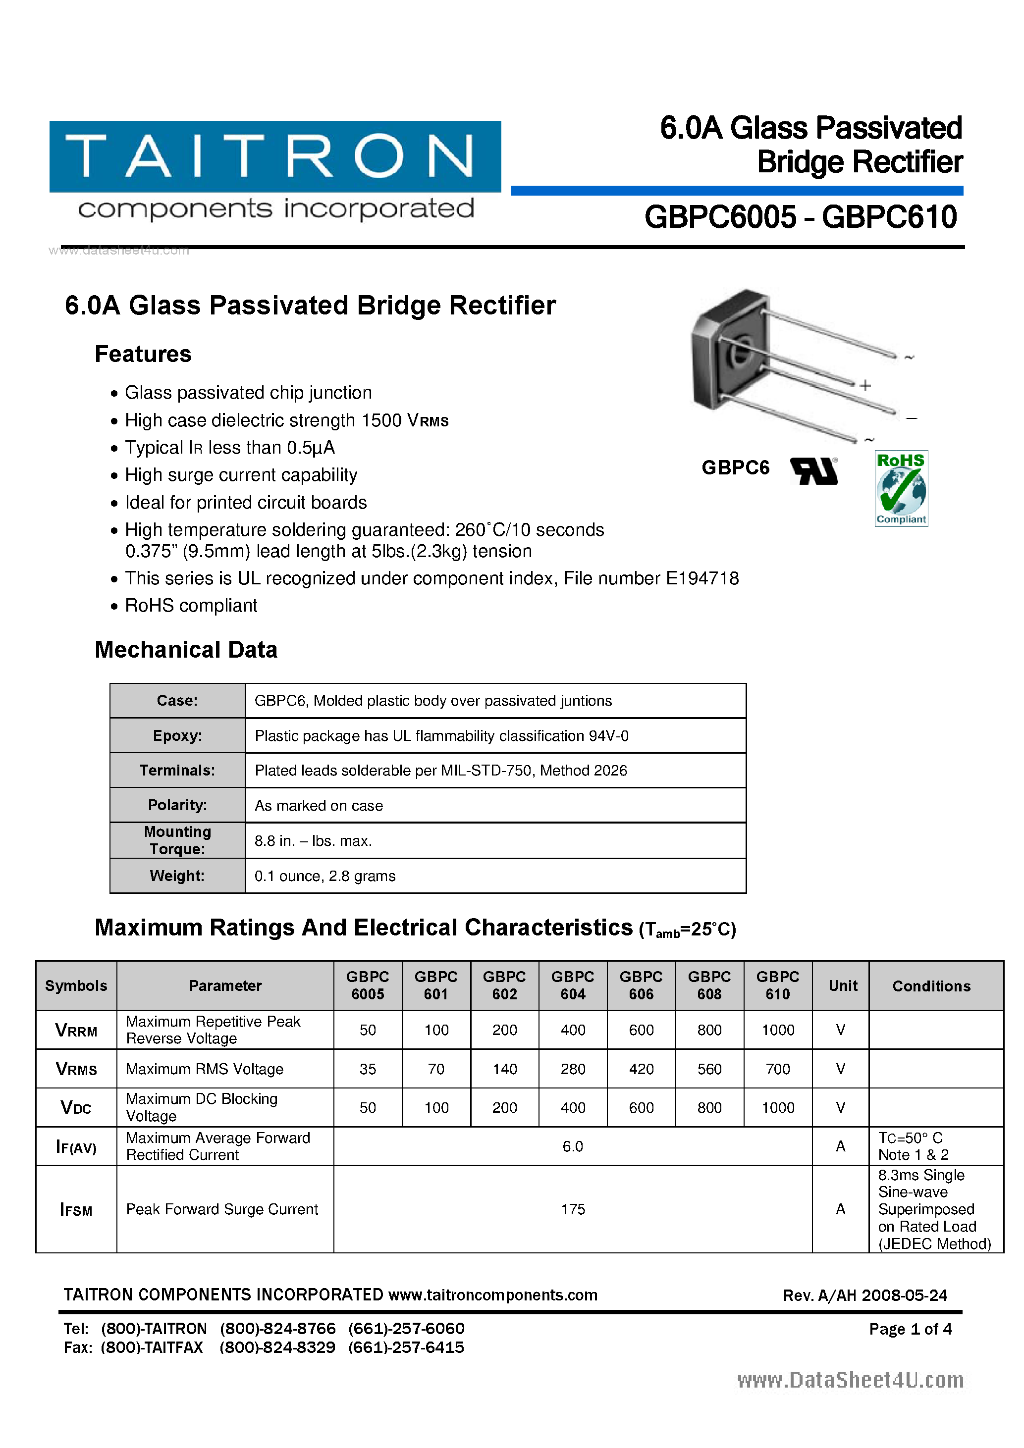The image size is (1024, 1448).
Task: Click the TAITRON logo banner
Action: [x=275, y=156]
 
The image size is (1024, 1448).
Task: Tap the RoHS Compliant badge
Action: [x=901, y=488]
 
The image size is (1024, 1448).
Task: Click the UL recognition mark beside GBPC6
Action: [x=814, y=470]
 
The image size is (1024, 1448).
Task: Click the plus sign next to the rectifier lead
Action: [x=865, y=385]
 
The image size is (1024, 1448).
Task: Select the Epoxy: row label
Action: [x=177, y=735]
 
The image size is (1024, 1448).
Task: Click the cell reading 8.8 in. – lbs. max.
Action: [x=313, y=841]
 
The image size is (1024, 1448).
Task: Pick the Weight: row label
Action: [x=177, y=876]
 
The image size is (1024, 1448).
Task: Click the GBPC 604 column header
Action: [x=572, y=985]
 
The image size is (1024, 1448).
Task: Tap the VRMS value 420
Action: [x=641, y=1069]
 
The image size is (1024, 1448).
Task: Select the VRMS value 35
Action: [x=368, y=1069]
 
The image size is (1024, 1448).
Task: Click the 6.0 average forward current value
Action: [x=572, y=1146]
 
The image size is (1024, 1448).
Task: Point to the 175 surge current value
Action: [x=572, y=1209]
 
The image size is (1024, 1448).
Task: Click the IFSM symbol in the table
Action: [x=76, y=1209]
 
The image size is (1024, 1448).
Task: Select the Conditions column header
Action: [x=931, y=986]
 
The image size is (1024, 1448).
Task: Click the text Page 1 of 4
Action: [x=910, y=1329]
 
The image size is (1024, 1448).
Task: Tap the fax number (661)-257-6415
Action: [x=406, y=1347]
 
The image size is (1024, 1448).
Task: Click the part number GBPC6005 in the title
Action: [x=720, y=217]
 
